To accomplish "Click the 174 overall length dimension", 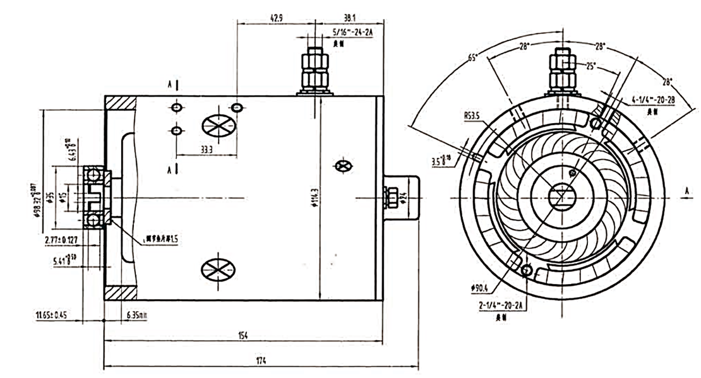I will pos(261,361).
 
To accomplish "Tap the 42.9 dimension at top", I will pos(275,19).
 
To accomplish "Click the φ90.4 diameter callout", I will pos(481,289).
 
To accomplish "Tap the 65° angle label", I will pos(472,58).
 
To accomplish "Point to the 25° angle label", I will pos(590,66).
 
